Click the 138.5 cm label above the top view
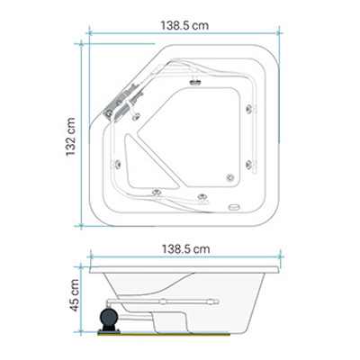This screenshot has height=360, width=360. (184, 25)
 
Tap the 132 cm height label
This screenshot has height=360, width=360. (70, 137)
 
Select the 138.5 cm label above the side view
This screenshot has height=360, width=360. (185, 249)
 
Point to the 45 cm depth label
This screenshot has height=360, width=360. (74, 295)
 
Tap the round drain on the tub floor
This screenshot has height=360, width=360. (230, 178)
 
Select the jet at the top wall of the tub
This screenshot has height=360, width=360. (195, 81)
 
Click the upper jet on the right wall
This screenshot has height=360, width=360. (250, 109)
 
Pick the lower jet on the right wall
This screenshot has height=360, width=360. (250, 165)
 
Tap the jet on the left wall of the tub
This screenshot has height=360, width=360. (115, 164)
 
